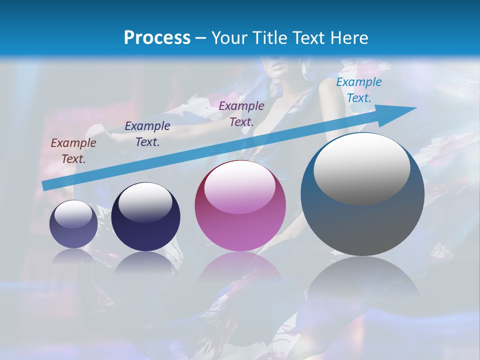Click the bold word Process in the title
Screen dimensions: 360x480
[x=157, y=37]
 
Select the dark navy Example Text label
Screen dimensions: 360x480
[x=147, y=134]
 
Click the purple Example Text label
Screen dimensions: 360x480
[x=241, y=113]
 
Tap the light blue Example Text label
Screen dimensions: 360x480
[x=359, y=90]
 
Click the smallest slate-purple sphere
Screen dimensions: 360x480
[x=73, y=227]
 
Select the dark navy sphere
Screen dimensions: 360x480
[x=145, y=220]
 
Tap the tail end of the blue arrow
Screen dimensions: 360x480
[x=44, y=186]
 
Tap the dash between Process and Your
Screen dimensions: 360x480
[x=201, y=37]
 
